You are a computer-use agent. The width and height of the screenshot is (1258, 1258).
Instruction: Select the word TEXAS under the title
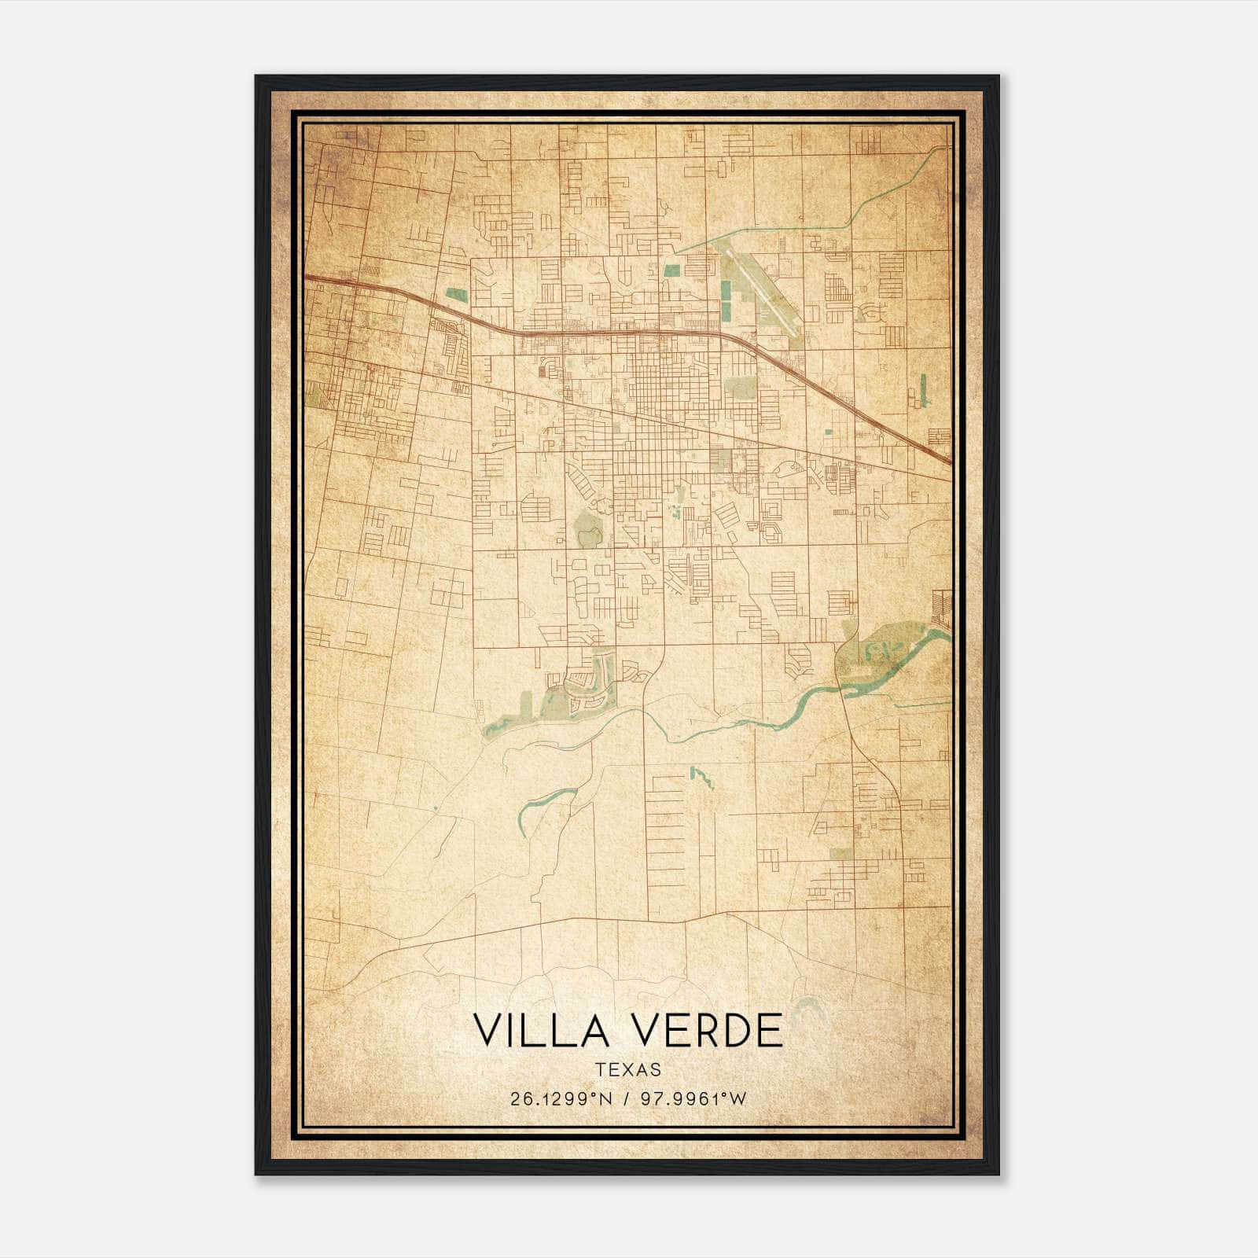(628, 1069)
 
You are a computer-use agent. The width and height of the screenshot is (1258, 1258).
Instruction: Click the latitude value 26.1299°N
(560, 1099)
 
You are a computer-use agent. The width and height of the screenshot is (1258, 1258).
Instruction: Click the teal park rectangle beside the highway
(455, 296)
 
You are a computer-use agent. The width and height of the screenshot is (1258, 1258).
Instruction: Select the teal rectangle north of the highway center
(671, 270)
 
